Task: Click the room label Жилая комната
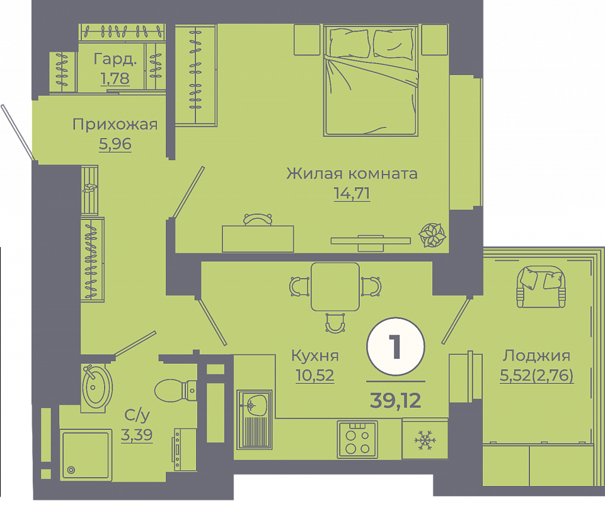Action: click(352, 173)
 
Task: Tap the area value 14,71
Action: click(352, 194)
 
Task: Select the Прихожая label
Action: click(115, 125)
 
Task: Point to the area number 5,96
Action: click(115, 144)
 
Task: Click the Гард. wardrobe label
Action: click(115, 59)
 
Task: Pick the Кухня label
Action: click(315, 356)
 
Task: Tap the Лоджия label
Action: click(536, 356)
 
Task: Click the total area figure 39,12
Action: click(396, 400)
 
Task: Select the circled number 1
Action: click(396, 347)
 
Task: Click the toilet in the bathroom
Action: click(176, 390)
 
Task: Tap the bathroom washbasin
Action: click(97, 388)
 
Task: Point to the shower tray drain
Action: click(71, 470)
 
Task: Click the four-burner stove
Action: click(357, 439)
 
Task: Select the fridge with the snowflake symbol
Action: click(425, 439)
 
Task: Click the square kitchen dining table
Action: click(335, 287)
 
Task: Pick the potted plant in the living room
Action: click(432, 235)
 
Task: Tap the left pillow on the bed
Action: click(350, 43)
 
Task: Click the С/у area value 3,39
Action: click(137, 435)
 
